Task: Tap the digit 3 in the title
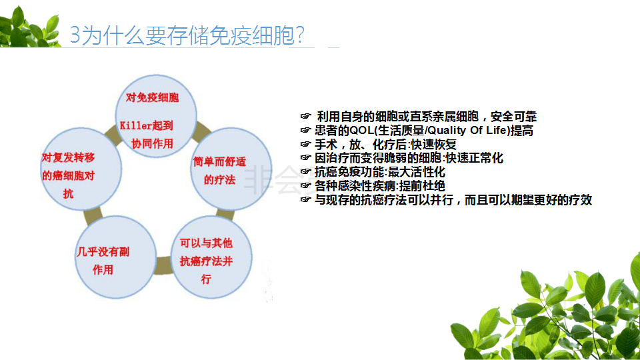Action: [75, 35]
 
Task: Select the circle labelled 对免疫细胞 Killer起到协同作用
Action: [156, 116]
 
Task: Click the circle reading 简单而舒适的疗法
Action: [231, 169]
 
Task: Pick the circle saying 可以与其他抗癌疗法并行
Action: [211, 257]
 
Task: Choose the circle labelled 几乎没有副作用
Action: [115, 257]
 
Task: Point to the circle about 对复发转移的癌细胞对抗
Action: [81, 169]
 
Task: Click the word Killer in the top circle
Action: [135, 126]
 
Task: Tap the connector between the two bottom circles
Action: [163, 265]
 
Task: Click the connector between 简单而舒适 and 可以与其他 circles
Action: [225, 214]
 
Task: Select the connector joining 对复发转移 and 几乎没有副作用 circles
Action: [93, 216]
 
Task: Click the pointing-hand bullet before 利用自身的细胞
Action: [306, 116]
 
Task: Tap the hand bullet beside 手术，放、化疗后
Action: [306, 144]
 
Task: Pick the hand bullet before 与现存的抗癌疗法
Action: [306, 199]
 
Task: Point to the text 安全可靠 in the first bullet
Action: [513, 117]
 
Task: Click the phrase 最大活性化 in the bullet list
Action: [416, 172]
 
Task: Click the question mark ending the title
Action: [300, 35]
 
